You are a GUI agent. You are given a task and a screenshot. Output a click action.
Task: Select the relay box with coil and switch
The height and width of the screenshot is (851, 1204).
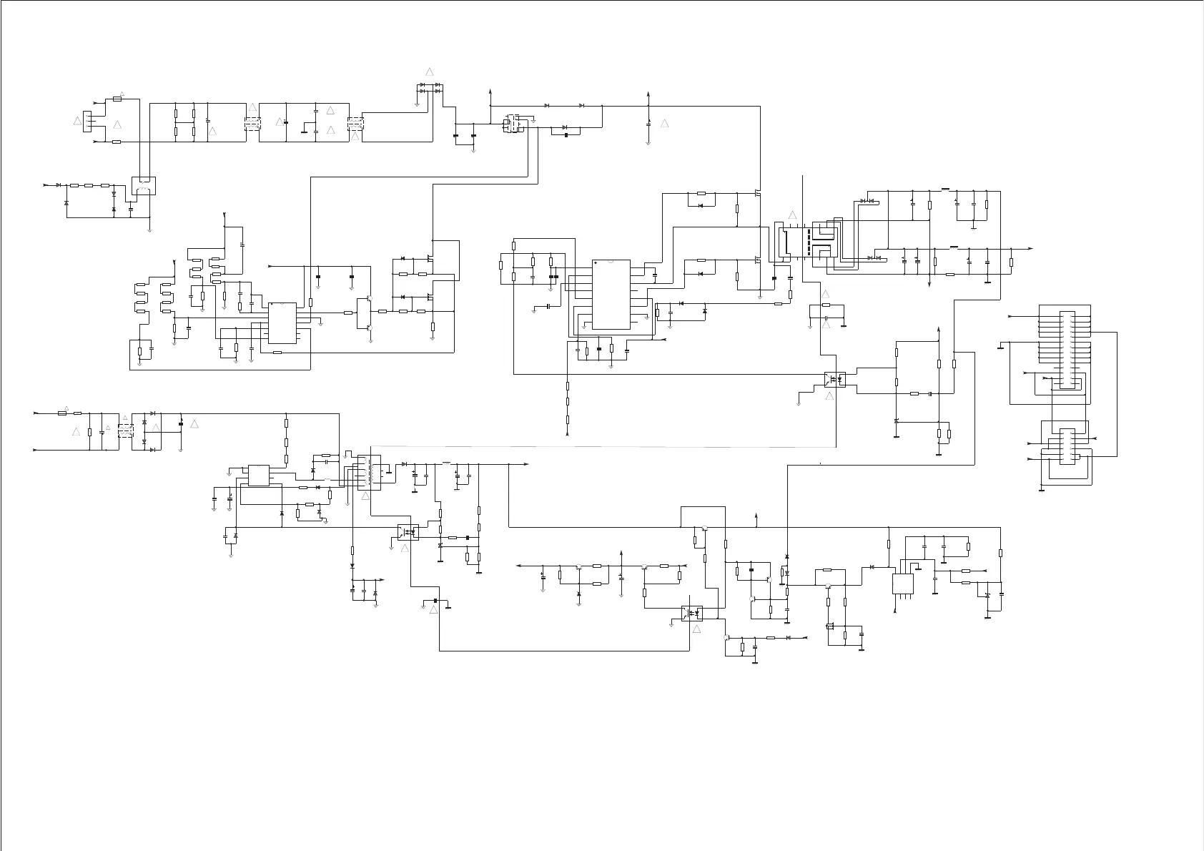click(x=144, y=186)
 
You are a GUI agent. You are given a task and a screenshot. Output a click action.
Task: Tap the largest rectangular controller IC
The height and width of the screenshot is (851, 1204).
click(x=611, y=294)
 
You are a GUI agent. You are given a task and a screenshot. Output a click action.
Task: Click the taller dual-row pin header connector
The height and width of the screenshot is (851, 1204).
click(x=1066, y=350)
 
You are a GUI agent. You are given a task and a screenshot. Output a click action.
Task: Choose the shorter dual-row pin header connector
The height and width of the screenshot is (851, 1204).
click(x=1066, y=444)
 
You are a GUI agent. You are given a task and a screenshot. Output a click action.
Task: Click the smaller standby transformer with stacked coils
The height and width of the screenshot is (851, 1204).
click(x=368, y=472)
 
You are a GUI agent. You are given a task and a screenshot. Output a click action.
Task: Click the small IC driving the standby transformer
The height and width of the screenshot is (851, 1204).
click(x=258, y=476)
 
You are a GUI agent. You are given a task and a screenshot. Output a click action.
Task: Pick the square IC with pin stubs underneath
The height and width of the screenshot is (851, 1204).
click(x=904, y=583)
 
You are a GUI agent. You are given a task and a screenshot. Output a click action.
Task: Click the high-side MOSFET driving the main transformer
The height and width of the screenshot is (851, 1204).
click(x=757, y=193)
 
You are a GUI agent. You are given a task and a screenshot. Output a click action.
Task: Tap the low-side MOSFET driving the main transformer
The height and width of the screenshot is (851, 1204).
click(x=757, y=259)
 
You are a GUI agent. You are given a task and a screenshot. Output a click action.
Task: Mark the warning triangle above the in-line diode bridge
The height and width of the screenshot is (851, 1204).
click(x=430, y=72)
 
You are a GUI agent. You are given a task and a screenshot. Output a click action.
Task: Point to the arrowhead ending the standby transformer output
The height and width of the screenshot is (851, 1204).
click(x=526, y=464)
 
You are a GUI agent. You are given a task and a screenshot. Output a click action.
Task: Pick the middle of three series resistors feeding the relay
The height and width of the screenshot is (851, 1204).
click(x=89, y=185)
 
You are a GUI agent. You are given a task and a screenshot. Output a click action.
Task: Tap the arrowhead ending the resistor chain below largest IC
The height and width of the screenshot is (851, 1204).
click(x=568, y=434)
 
